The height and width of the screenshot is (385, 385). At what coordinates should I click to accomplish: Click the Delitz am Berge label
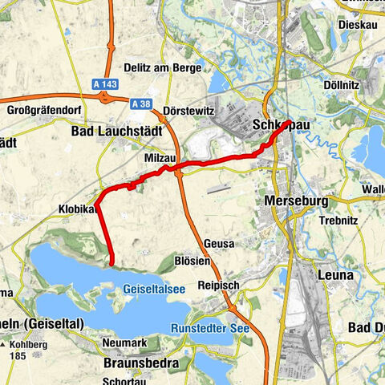point(163,68)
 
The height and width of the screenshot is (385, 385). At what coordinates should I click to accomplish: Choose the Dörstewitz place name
point(185,111)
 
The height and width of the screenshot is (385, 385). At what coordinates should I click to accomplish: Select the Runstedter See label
point(210,327)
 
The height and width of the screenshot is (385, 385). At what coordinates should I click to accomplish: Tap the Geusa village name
point(219,244)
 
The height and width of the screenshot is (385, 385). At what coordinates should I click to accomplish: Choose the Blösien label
point(192,261)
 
